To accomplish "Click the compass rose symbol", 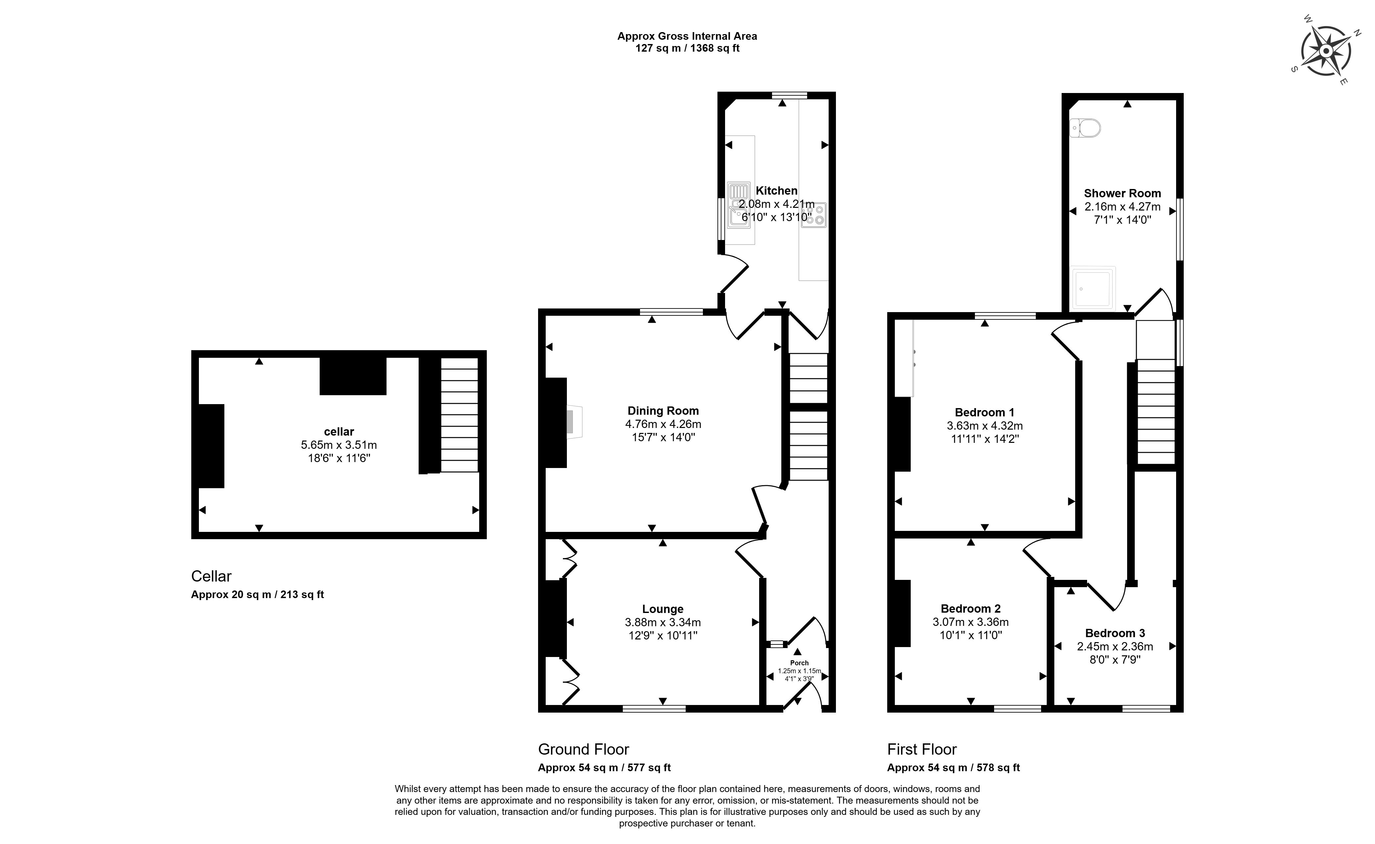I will (x=1326, y=51).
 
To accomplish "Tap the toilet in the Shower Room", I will (x=1085, y=128).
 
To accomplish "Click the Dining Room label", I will (x=663, y=411).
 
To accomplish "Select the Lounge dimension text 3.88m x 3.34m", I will (x=663, y=622).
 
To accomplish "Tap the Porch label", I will (x=799, y=663).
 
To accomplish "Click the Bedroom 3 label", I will (x=1115, y=633).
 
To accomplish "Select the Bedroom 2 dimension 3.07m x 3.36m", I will (x=970, y=622).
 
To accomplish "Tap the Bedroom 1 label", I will (x=985, y=412).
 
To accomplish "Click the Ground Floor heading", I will (x=583, y=749).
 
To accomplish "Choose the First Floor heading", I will (x=922, y=749).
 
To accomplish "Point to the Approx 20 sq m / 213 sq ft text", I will (x=257, y=594).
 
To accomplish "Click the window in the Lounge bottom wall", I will (x=654, y=708).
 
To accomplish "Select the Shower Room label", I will (x=1122, y=194).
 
